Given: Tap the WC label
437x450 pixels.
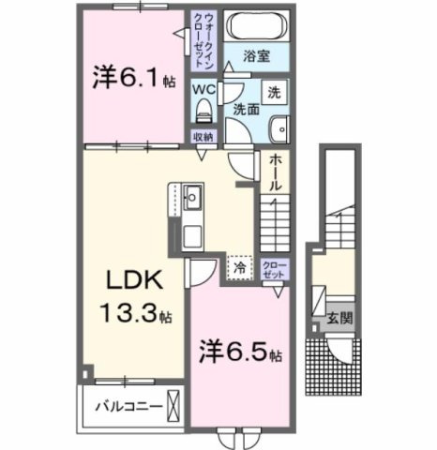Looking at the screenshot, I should point(203,89).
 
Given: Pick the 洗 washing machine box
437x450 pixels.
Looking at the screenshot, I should point(274,94).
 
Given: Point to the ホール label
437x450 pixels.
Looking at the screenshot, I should point(274,174).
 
